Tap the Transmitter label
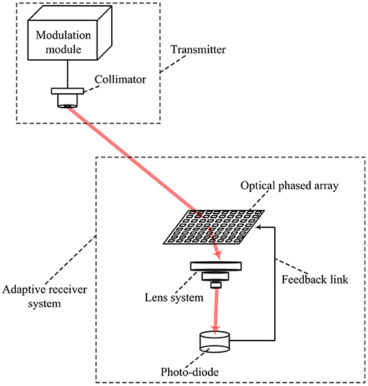click(x=198, y=50)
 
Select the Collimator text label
click(x=120, y=79)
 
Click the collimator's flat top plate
click(x=67, y=91)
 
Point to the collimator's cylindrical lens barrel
click(x=67, y=101)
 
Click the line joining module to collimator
click(x=67, y=74)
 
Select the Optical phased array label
click(x=289, y=186)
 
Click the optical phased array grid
click(x=214, y=227)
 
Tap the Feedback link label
click(x=315, y=280)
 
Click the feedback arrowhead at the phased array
click(x=258, y=227)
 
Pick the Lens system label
click(x=174, y=298)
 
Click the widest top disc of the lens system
click(x=216, y=266)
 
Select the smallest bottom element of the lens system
click(x=216, y=285)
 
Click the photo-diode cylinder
click(x=214, y=341)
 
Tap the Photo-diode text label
click(x=190, y=372)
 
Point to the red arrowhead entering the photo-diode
click(x=216, y=330)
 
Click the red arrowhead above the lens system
click(x=218, y=255)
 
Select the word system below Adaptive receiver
click(x=44, y=304)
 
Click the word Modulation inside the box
click(x=63, y=35)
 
